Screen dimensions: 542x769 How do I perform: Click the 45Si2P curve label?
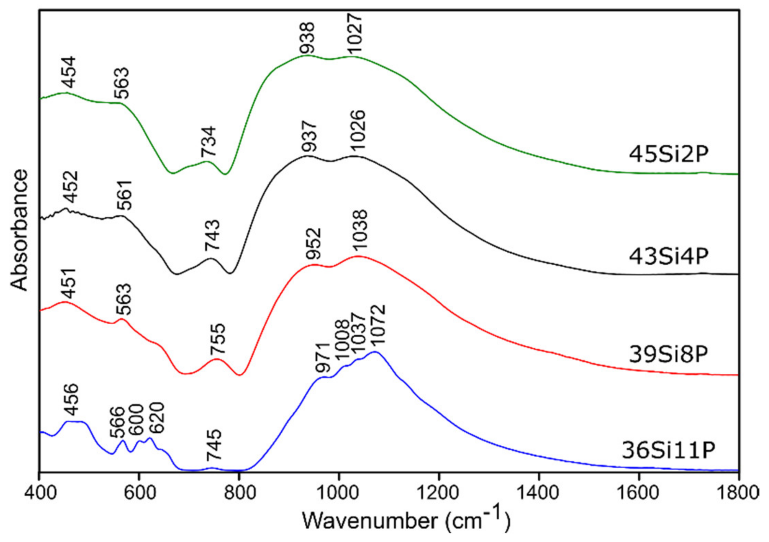click(668, 154)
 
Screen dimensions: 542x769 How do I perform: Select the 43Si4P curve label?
click(668, 256)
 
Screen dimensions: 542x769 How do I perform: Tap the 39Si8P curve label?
click(668, 354)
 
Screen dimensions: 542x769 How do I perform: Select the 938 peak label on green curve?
click(307, 38)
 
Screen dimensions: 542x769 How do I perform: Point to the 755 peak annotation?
click(218, 339)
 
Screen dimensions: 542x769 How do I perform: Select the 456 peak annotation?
click(72, 399)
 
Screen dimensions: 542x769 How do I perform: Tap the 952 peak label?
click(313, 244)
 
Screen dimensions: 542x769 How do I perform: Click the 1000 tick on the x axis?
click(339, 493)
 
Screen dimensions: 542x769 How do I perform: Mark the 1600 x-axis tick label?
click(639, 493)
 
